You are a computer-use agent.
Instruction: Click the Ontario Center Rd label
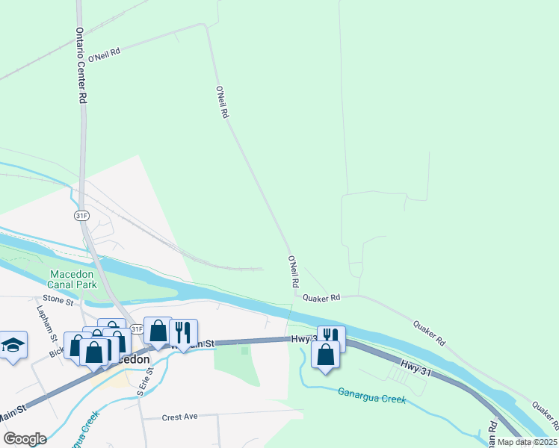point(81,66)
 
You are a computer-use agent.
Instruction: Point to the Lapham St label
point(42,318)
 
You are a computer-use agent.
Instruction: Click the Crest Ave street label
point(180,416)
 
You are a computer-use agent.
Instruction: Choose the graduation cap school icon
point(13,344)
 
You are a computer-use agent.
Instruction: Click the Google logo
point(24,438)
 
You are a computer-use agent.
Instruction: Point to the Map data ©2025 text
point(526,442)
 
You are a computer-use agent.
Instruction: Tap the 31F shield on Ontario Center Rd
point(82,215)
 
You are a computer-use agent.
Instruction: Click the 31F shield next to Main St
point(136,329)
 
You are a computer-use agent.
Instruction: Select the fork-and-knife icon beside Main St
point(182,331)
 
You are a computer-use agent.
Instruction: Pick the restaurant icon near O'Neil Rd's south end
point(331,337)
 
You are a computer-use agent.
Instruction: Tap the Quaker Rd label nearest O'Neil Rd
point(321,297)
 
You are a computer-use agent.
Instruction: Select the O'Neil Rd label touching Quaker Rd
point(294,273)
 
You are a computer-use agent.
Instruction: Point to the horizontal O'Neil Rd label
point(104,55)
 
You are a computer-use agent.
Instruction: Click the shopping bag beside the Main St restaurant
point(158,331)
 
